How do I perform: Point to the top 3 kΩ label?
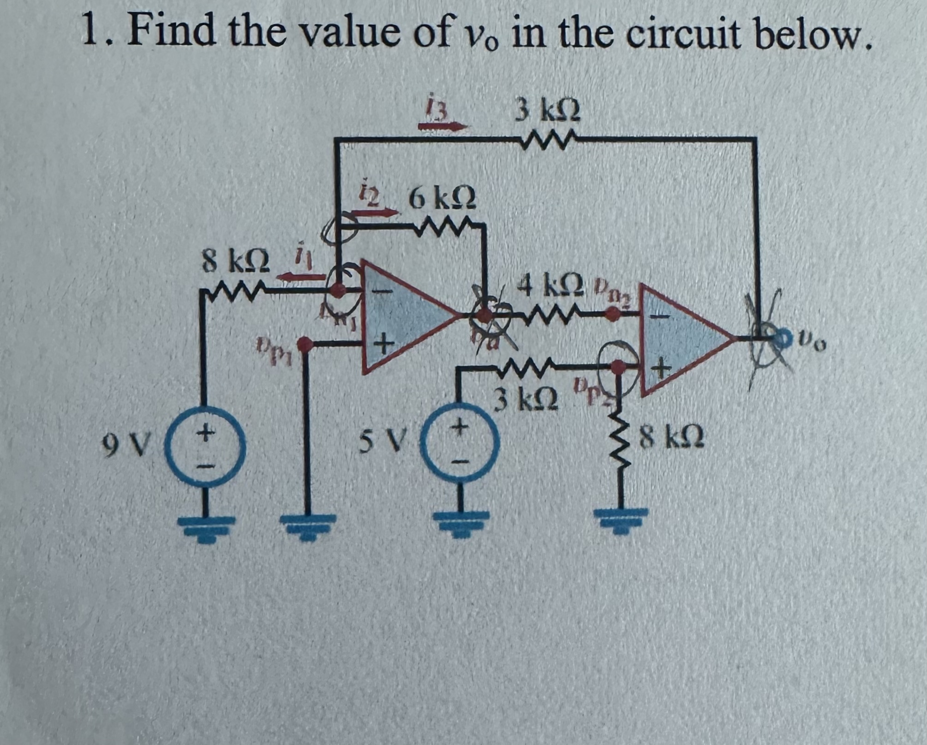click(x=547, y=112)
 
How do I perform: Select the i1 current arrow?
click(x=300, y=276)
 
